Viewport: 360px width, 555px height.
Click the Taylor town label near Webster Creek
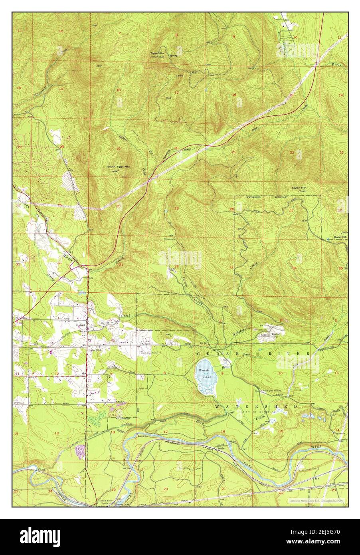pyautogui.click(x=275, y=334)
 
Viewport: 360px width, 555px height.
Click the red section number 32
pyautogui.click(x=176, y=266)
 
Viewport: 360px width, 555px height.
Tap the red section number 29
pyautogui.click(x=176, y=209)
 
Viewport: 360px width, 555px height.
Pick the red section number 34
pyautogui.click(x=294, y=267)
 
